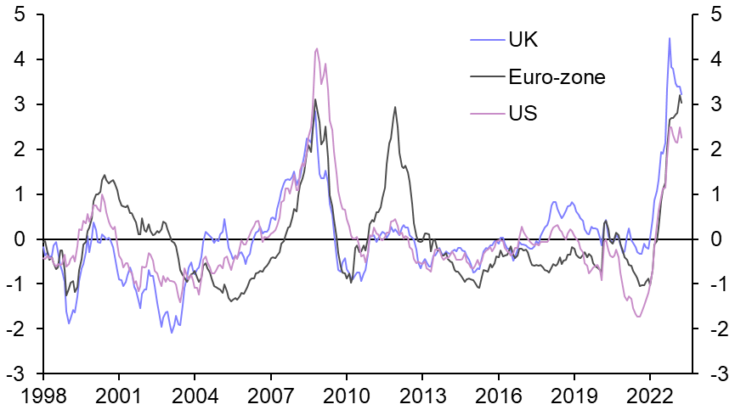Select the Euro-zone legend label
coord(556,76)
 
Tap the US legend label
coord(523,113)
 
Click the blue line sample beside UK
coord(485,40)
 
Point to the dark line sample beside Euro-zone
coord(485,76)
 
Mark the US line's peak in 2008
coord(317,48)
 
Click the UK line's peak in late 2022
coord(669,38)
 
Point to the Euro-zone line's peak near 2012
coord(395,107)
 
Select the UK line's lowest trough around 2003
coord(172,332)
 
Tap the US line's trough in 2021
coord(637,317)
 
